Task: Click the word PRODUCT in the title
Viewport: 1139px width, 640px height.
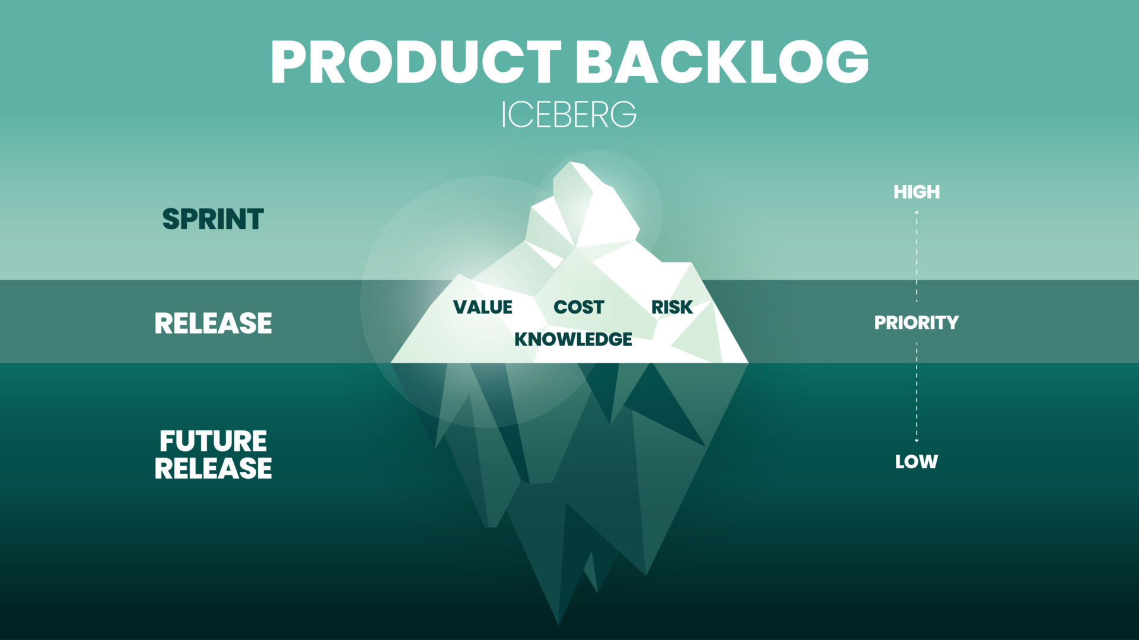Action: tap(415, 62)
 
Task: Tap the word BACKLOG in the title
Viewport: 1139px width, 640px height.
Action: tap(722, 62)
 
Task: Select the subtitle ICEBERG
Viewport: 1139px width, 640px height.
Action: tap(568, 114)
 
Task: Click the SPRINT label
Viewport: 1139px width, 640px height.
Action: tap(213, 219)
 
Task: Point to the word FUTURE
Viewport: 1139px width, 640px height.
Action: tap(213, 441)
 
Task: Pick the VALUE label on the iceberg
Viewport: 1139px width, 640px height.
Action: tap(482, 307)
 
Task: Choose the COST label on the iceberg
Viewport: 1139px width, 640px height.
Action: tap(578, 307)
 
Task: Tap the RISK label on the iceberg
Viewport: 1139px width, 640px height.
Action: tap(672, 307)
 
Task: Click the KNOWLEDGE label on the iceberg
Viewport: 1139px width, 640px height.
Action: tap(573, 339)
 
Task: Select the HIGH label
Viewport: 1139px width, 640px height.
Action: tap(917, 192)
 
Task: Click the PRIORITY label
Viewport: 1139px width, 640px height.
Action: tap(916, 322)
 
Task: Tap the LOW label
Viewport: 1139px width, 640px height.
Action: tap(917, 462)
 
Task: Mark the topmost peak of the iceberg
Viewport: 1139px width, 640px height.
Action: tap(571, 164)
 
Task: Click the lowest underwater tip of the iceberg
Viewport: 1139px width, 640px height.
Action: tap(558, 622)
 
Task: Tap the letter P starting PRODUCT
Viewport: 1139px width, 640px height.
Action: tap(292, 62)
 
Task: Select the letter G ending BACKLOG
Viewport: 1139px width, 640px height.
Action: tap(846, 62)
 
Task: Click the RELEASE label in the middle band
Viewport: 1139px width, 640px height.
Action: tap(213, 324)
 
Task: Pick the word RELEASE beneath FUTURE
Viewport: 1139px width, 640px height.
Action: tap(213, 468)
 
